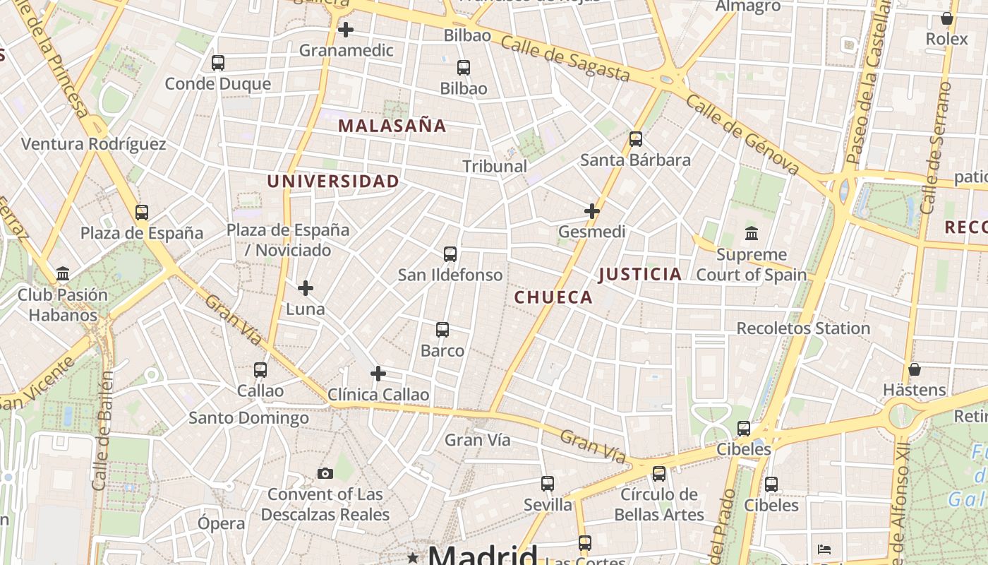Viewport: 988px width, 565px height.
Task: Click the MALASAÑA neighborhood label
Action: [x=392, y=126]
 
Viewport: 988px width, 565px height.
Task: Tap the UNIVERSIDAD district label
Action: [x=333, y=182]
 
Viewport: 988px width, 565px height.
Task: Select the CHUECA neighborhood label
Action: [x=553, y=297]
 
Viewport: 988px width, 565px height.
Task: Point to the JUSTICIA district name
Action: [x=640, y=274]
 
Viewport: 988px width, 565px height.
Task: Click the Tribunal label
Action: [x=495, y=166]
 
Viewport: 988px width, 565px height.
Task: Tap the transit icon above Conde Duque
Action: [x=217, y=62]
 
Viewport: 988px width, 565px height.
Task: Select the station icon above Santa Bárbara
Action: [x=635, y=138]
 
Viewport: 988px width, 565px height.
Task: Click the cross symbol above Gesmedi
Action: [x=591, y=210]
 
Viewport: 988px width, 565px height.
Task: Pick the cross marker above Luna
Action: [x=305, y=288]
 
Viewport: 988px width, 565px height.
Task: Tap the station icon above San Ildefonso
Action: [x=450, y=254]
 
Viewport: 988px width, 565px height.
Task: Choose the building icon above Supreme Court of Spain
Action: [x=751, y=233]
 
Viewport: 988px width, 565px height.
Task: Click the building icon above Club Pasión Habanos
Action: [x=63, y=273]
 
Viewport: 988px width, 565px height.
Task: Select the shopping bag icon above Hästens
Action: [x=914, y=369]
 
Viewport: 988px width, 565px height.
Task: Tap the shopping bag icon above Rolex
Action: [x=946, y=18]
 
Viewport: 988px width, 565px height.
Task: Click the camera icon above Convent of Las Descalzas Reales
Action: [x=325, y=473]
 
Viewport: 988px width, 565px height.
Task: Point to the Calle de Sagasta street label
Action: [x=565, y=59]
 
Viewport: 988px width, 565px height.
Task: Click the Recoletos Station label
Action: [x=803, y=328]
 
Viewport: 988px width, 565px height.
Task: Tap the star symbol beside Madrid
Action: [x=413, y=557]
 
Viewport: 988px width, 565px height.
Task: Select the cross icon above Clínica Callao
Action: [x=378, y=373]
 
